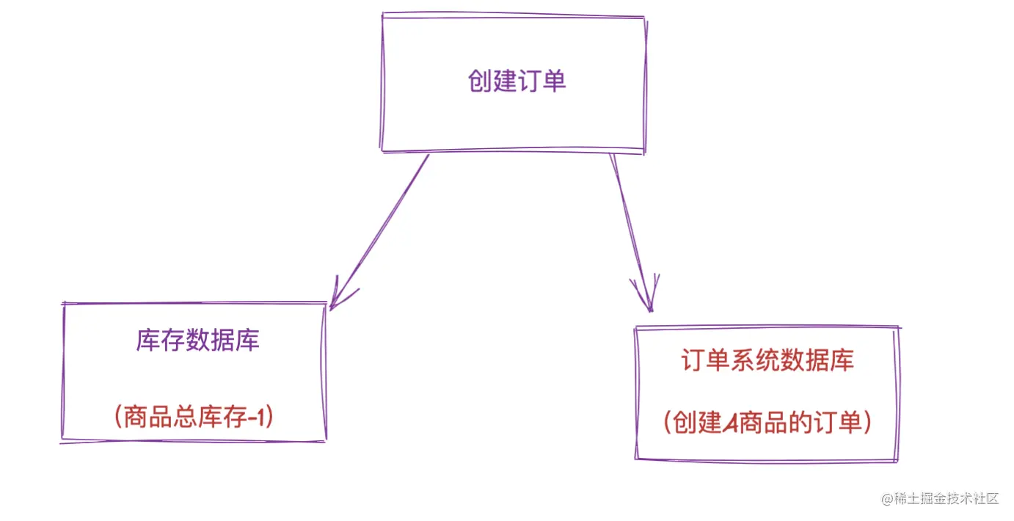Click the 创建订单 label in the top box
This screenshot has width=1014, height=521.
[x=517, y=81]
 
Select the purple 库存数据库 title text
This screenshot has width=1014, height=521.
[x=197, y=340]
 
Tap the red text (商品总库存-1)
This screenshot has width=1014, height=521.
[x=194, y=418]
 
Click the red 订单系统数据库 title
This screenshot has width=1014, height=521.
[x=767, y=360]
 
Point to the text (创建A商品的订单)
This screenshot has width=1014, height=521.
[x=767, y=423]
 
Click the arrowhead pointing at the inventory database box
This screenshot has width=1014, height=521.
[x=335, y=299]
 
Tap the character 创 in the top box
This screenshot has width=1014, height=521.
[x=479, y=81]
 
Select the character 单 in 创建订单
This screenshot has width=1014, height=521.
[x=555, y=81]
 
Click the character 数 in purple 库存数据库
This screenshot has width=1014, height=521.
[x=197, y=340]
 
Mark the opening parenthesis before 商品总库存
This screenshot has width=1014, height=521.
[x=117, y=418]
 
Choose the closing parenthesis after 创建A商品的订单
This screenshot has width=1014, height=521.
[x=867, y=423]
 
